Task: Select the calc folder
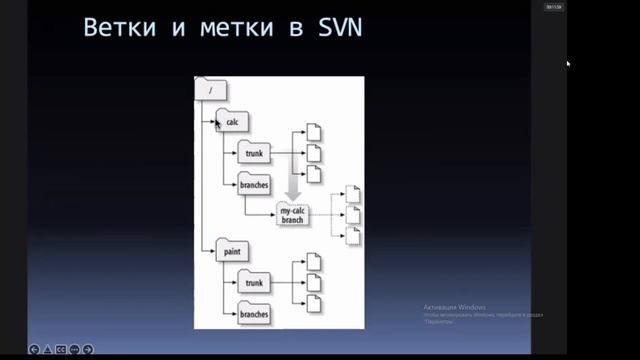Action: coord(232,122)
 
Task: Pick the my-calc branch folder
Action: coord(292,214)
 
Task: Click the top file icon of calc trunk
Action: coord(313,133)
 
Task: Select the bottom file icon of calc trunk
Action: coord(313,174)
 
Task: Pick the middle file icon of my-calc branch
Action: coord(352,215)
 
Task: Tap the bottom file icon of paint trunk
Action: coord(313,304)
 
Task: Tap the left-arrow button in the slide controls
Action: coord(34,349)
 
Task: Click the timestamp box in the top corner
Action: coord(553,7)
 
